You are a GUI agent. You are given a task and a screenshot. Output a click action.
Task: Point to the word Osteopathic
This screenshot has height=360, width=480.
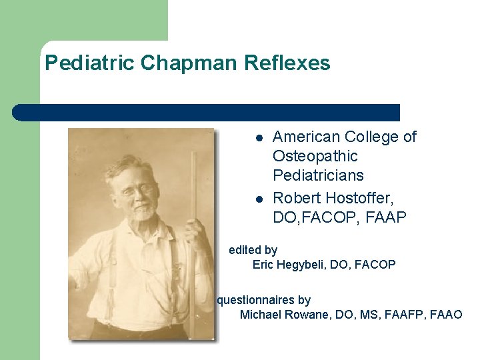pyautogui.click(x=315, y=157)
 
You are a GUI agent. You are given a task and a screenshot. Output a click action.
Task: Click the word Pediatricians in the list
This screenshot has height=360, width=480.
pyautogui.click(x=318, y=176)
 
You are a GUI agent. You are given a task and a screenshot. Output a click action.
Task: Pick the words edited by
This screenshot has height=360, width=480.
pyautogui.click(x=253, y=250)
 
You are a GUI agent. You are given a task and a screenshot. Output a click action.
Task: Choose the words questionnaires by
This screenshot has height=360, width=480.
pyautogui.click(x=263, y=301)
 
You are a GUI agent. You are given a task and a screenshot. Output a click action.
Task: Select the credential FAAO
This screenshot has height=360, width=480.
pyautogui.click(x=446, y=315)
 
